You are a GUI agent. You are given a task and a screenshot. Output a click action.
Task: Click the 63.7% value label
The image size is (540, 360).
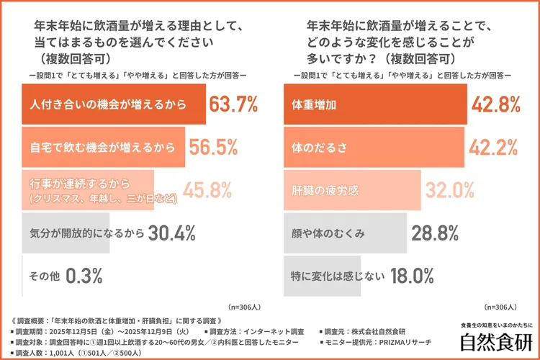pyautogui.click(x=233, y=105)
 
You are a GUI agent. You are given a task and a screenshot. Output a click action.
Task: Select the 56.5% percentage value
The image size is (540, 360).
pyautogui.click(x=213, y=148)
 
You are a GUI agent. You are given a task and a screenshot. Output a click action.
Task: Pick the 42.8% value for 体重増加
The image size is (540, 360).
pyautogui.click(x=495, y=105)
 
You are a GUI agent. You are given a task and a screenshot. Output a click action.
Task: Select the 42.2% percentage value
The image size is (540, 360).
pyautogui.click(x=494, y=148)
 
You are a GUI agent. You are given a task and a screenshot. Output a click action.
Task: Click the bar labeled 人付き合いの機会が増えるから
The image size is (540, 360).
pyautogui.click(x=114, y=105)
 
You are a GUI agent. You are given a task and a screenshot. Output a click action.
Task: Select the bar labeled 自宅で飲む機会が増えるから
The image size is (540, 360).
pyautogui.click(x=104, y=148)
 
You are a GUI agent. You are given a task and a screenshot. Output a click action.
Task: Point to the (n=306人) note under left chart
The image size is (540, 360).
pyautogui.click(x=245, y=305)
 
